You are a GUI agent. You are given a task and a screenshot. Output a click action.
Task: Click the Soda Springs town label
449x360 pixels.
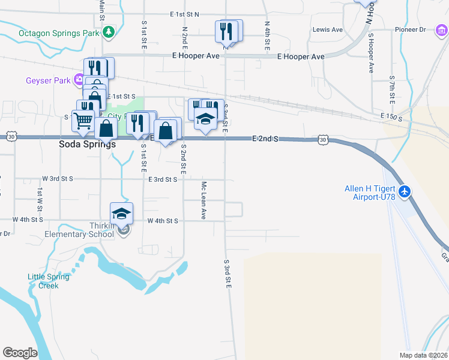88,145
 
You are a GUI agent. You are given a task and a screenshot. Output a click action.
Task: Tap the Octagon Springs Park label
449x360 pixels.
58,34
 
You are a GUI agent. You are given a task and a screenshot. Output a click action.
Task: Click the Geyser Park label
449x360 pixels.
48,80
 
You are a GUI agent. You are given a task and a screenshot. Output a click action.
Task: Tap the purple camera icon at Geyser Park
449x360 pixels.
79,80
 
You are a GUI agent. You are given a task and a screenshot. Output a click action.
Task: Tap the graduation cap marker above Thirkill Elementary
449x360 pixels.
121,214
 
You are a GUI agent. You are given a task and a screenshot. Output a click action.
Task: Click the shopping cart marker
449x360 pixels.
83,121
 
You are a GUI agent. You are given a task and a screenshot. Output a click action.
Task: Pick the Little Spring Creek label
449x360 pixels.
48,281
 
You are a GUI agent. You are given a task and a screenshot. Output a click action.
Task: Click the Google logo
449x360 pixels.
20,353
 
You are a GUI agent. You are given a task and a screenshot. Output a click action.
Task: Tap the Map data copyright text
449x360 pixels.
424,355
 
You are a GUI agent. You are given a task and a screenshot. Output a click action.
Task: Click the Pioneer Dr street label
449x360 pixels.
410,29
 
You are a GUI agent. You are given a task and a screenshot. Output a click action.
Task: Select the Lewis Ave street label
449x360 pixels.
327,29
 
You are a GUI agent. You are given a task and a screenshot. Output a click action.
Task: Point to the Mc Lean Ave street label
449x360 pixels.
204,200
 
